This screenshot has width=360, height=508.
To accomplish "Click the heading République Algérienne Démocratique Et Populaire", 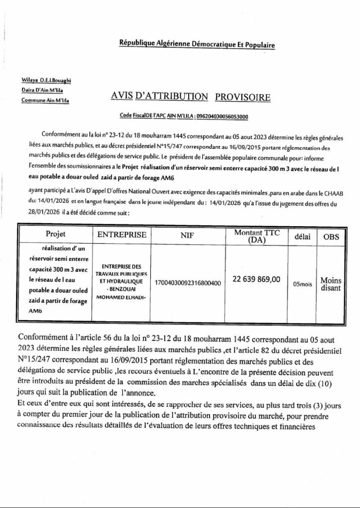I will (x=196, y=44).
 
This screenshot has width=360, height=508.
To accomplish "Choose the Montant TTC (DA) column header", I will (x=261, y=236).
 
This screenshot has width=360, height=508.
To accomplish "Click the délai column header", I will (x=302, y=237).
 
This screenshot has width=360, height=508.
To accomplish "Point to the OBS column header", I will (x=331, y=237).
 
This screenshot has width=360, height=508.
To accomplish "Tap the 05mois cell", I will (x=302, y=284).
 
